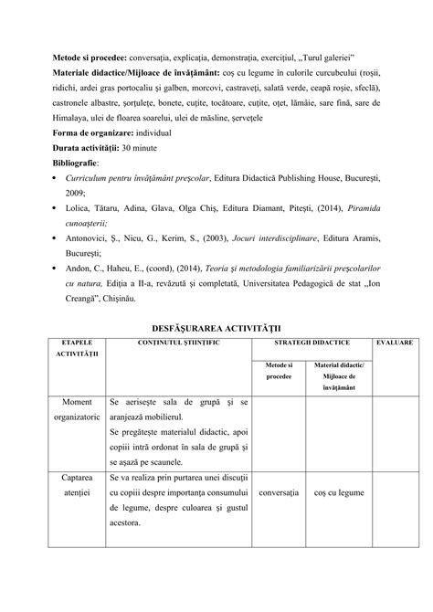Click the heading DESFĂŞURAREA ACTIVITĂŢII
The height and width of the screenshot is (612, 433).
(216, 326)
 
